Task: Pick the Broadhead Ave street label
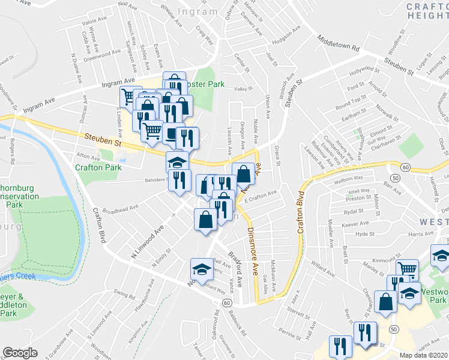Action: (x=121, y=208)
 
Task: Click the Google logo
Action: (x=20, y=353)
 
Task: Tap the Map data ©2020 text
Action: (x=424, y=355)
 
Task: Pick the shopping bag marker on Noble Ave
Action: (x=243, y=173)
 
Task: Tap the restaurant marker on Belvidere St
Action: (x=179, y=179)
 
